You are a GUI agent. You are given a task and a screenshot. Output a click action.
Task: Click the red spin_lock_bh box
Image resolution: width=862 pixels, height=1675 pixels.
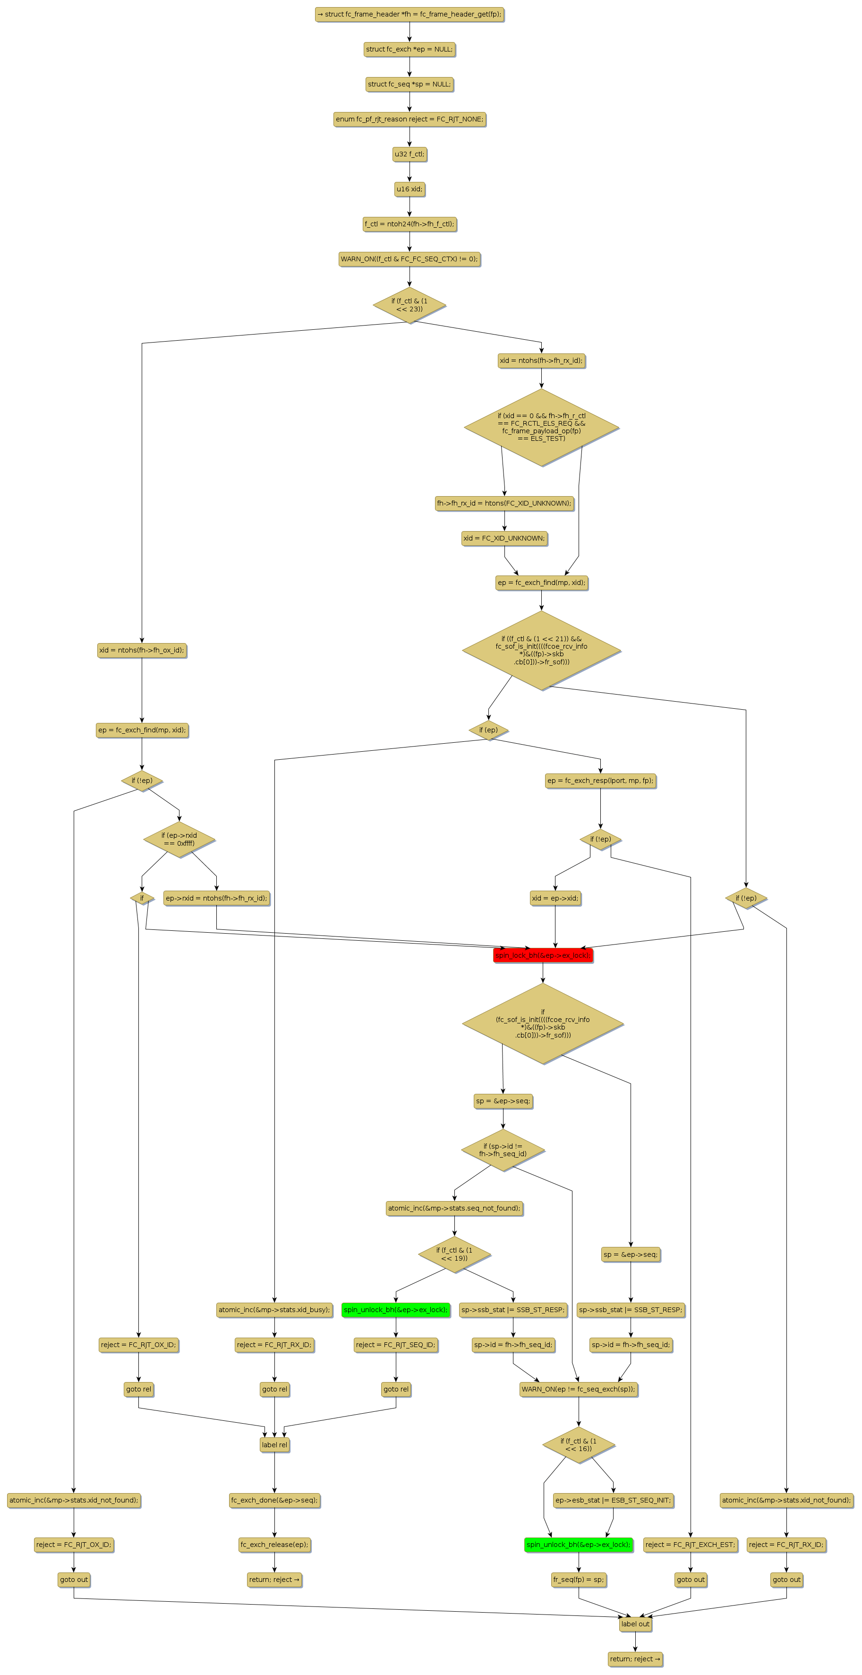point(543,955)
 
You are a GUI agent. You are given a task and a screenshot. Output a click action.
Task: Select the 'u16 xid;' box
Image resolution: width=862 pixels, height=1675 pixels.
point(410,189)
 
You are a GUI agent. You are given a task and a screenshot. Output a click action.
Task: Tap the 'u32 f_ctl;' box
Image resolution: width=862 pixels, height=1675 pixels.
point(410,154)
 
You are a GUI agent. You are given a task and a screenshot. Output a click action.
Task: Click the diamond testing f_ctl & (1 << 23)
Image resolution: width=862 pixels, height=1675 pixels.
point(410,305)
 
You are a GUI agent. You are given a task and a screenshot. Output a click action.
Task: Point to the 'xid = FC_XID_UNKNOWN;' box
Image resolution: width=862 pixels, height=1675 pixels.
point(504,538)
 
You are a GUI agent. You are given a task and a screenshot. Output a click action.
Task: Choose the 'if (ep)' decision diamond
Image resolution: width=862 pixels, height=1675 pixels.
point(488,730)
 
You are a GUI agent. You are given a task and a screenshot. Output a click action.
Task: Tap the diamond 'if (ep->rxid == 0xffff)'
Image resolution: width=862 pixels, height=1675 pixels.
point(179,840)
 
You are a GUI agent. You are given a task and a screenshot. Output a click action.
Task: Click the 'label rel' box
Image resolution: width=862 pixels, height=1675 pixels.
point(274,1445)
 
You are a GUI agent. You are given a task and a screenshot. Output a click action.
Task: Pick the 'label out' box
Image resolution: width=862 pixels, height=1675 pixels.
point(635,1623)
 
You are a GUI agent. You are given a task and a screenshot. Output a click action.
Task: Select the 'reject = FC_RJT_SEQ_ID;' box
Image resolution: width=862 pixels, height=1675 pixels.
point(396,1345)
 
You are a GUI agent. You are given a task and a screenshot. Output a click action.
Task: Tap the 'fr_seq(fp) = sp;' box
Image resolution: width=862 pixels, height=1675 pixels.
point(579,1580)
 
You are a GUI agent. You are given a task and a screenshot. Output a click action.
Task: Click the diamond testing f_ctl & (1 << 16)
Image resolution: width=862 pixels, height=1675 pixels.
point(579,1445)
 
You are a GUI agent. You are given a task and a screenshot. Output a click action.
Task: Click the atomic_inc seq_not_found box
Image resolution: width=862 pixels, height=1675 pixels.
point(454,1208)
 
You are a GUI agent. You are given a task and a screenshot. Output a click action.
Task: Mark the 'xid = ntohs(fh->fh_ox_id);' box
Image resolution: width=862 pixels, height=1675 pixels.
point(142,650)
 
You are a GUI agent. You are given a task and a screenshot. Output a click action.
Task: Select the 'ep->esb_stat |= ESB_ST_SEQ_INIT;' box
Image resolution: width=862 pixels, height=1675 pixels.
point(613,1500)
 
